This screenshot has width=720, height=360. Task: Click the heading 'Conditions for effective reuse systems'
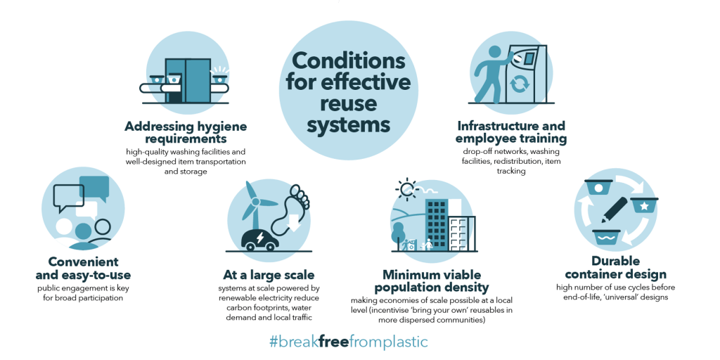coord(347,91)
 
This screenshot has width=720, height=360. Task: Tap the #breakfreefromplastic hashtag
coord(348,342)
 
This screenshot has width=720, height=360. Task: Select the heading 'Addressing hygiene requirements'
coord(186,132)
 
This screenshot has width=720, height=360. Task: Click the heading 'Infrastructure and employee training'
coord(511,132)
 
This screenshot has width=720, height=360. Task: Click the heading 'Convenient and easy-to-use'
coord(83,268)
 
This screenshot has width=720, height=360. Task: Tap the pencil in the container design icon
coord(612,212)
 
